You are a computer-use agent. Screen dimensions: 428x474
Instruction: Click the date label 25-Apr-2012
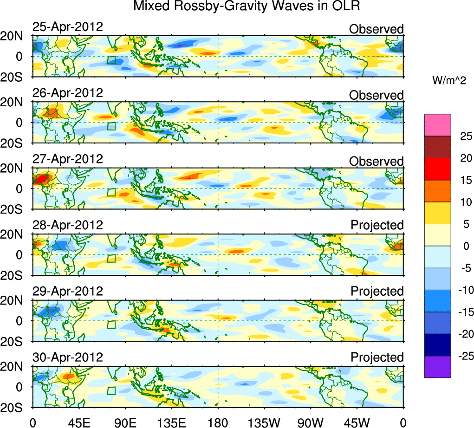(x=67, y=26)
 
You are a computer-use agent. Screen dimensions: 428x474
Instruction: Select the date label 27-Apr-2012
(x=67, y=158)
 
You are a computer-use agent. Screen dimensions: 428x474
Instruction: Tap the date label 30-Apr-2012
(x=67, y=357)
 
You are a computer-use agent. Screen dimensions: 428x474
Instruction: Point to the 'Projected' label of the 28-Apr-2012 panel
(x=377, y=225)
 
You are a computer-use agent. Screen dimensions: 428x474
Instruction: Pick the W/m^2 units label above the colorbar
(x=449, y=80)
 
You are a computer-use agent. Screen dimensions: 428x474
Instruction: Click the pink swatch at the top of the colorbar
(x=437, y=125)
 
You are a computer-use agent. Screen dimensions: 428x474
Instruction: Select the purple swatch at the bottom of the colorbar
(x=437, y=367)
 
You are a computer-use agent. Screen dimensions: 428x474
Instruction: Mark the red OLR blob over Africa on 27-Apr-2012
(x=43, y=178)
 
